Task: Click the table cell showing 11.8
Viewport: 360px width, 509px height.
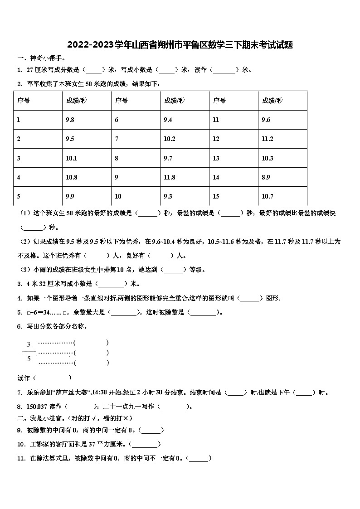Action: coord(169,177)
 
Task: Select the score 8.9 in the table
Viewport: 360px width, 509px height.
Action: coord(267,177)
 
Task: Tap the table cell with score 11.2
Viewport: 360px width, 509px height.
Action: coord(268,139)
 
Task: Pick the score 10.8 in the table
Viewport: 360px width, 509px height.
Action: coord(72,177)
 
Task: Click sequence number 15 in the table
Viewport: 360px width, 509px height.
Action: coord(216,196)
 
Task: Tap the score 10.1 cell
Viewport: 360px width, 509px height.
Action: coord(72,158)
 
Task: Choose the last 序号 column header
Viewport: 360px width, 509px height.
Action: coord(219,101)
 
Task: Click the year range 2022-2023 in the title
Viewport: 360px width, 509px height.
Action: coord(93,45)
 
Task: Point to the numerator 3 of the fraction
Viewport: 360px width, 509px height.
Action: coord(29,344)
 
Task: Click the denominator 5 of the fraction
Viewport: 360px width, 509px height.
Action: coord(29,359)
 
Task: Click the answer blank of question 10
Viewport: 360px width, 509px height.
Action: coord(145,444)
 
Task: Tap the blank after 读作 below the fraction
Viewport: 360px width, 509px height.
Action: coord(53,378)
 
